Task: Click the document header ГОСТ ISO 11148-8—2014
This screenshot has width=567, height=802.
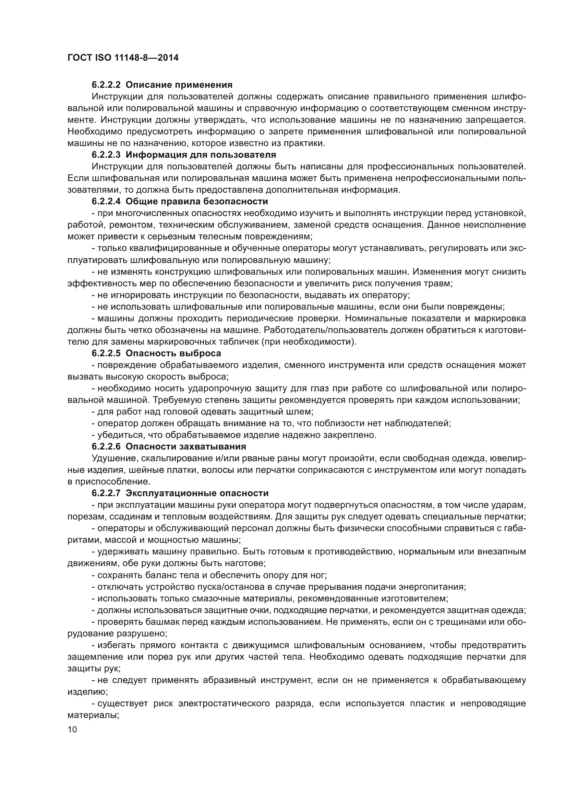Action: [x=123, y=58]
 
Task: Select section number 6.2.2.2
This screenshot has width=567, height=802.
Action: [x=106, y=85]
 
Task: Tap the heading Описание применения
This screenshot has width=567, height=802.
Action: [x=179, y=85]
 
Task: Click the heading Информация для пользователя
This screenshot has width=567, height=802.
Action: [x=201, y=155]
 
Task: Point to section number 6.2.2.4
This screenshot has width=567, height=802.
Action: [x=106, y=202]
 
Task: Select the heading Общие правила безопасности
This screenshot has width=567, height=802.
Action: [x=197, y=202]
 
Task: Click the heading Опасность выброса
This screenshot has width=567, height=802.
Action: [x=173, y=353]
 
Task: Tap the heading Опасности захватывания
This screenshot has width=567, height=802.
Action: [x=186, y=446]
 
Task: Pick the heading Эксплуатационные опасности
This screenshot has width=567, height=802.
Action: [x=197, y=493]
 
